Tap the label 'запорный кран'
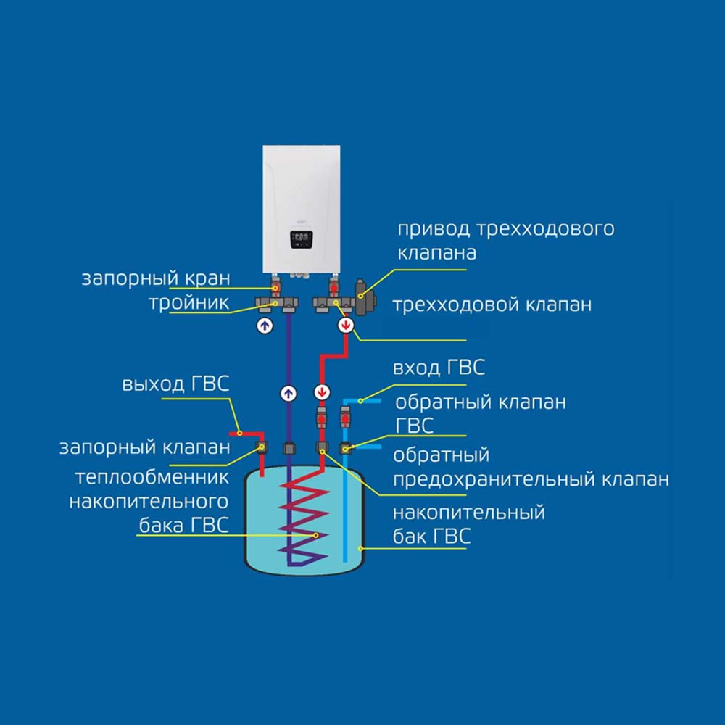click(155, 278)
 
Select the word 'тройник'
click(189, 302)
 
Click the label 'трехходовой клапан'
click(492, 304)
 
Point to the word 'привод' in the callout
click(434, 229)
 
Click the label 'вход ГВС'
click(439, 368)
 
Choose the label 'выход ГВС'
click(176, 384)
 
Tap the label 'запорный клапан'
click(144, 447)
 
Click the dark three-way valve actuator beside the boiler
click(362, 297)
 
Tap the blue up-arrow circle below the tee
click(265, 326)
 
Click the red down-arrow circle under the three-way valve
click(347, 326)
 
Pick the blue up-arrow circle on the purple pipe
click(289, 394)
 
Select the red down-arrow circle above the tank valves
click(321, 394)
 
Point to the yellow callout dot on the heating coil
click(316, 535)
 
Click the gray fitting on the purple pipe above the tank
click(289, 448)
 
